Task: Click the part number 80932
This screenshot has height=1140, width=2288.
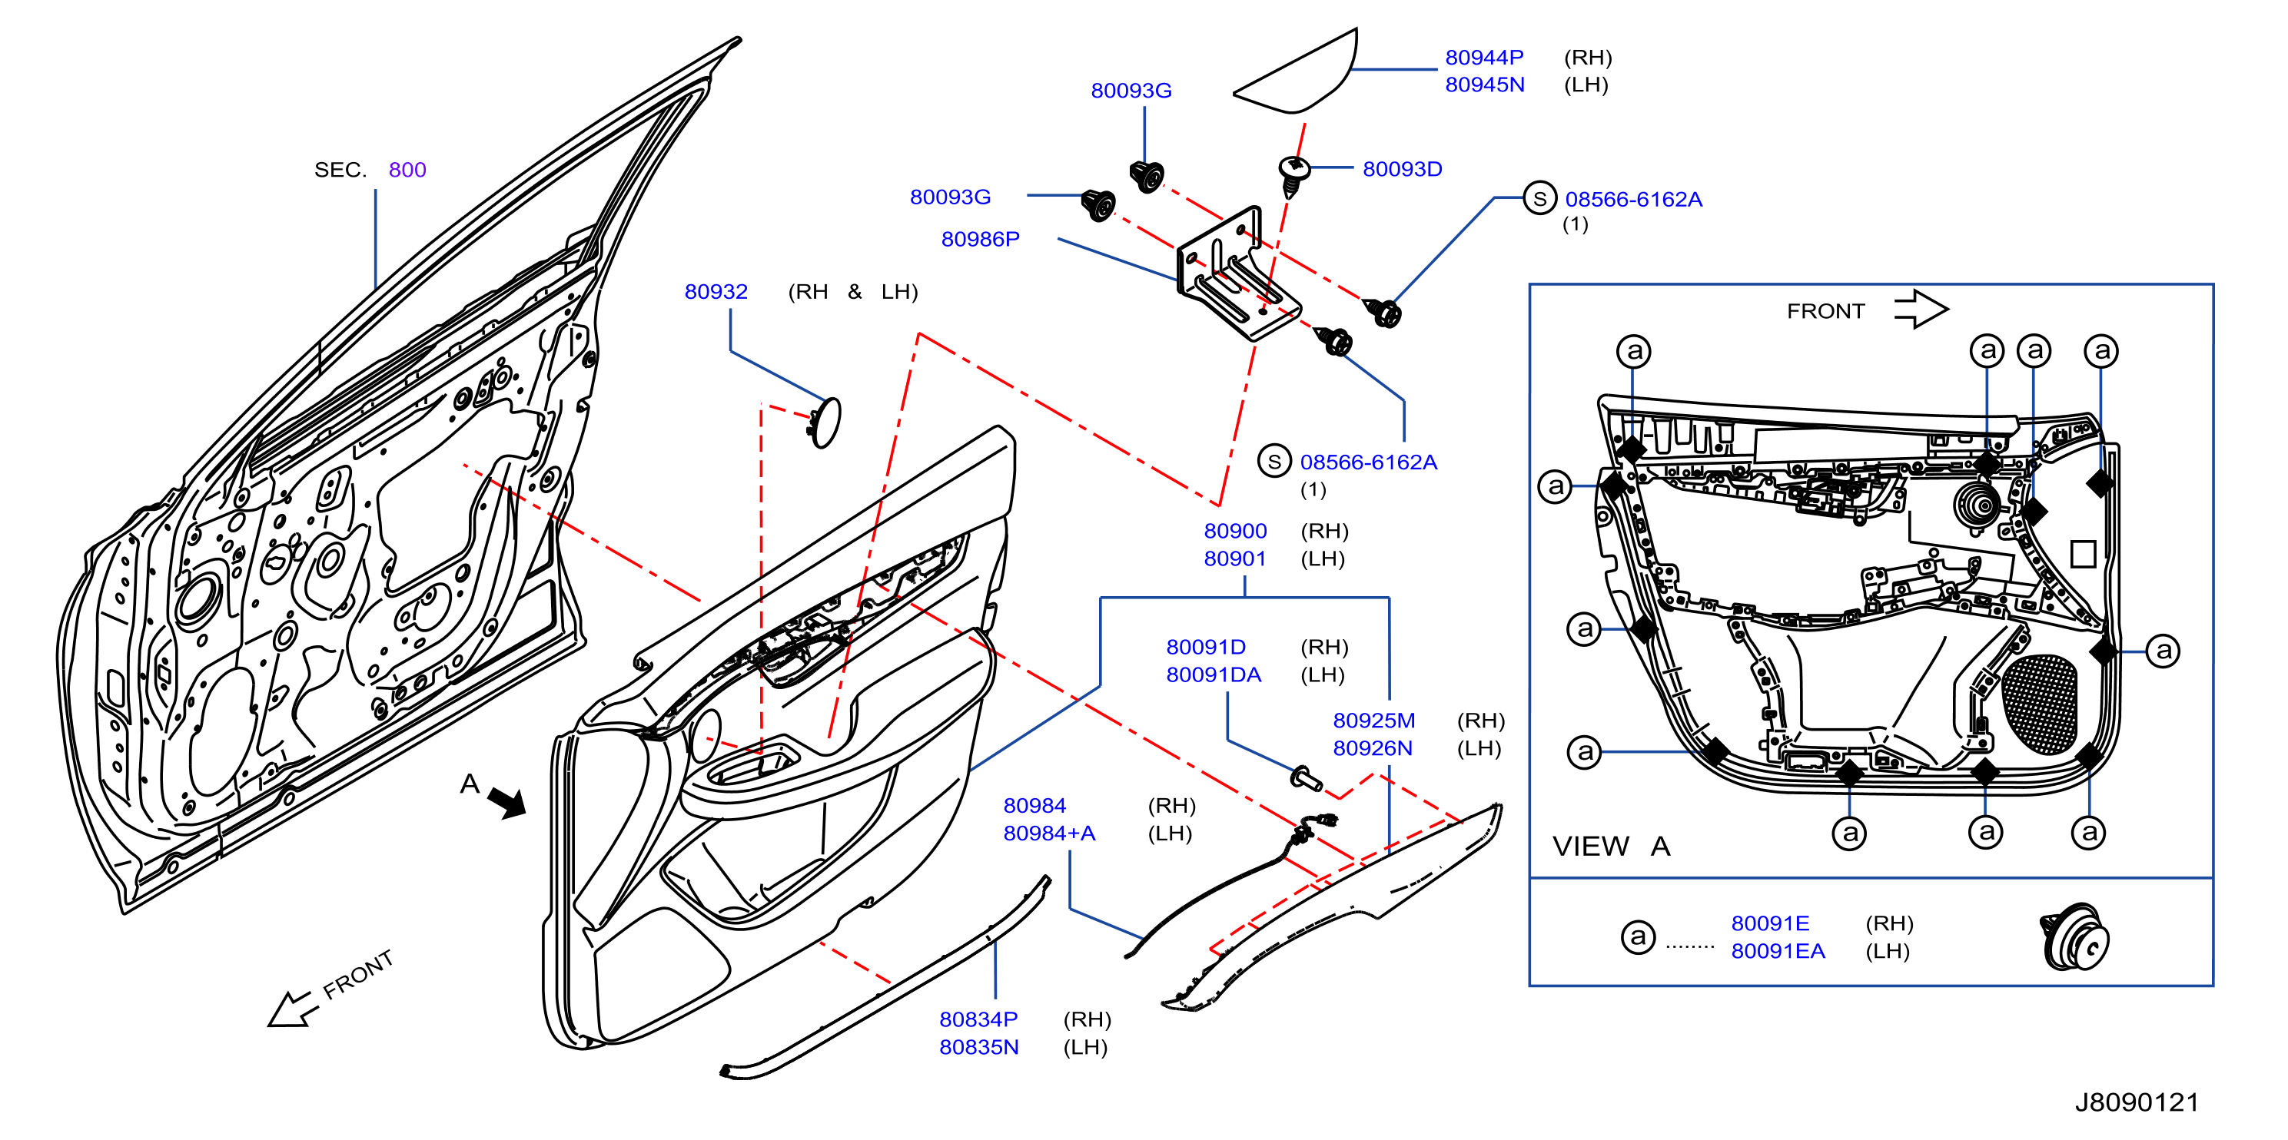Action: click(716, 291)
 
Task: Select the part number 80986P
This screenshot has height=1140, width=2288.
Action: click(980, 239)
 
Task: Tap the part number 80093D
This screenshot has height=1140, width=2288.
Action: click(1402, 169)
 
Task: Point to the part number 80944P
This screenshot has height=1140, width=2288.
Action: click(1484, 57)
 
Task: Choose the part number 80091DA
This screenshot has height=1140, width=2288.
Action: click(1214, 674)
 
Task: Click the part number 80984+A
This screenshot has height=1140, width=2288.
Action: click(1049, 833)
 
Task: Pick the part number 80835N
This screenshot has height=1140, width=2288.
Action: click(979, 1047)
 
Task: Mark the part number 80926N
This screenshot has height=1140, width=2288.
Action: click(1373, 748)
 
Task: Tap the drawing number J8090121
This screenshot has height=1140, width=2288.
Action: click(2136, 1102)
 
